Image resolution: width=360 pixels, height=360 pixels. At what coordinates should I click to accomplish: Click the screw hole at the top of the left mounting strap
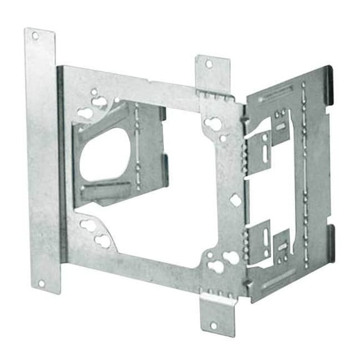[35, 36]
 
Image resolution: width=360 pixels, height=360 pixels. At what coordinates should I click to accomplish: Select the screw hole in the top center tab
[208, 64]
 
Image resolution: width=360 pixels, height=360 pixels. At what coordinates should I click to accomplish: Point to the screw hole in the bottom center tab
[214, 325]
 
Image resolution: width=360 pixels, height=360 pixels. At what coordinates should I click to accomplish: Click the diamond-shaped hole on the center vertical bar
[236, 200]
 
